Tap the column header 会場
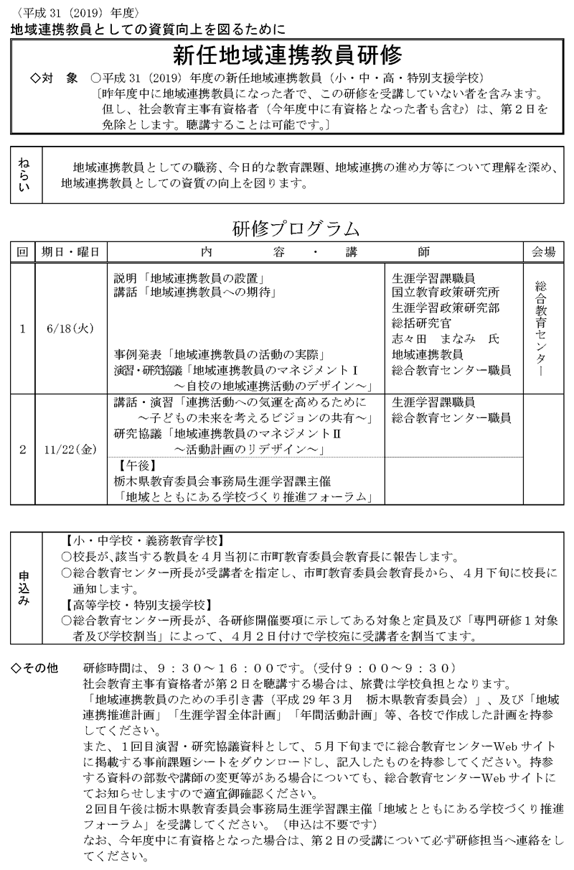click(x=543, y=252)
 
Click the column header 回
click(x=22, y=252)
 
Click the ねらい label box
click(x=24, y=175)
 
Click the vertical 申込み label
click(x=24, y=591)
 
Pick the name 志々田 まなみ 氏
click(x=445, y=338)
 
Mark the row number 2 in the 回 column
click(x=22, y=450)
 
